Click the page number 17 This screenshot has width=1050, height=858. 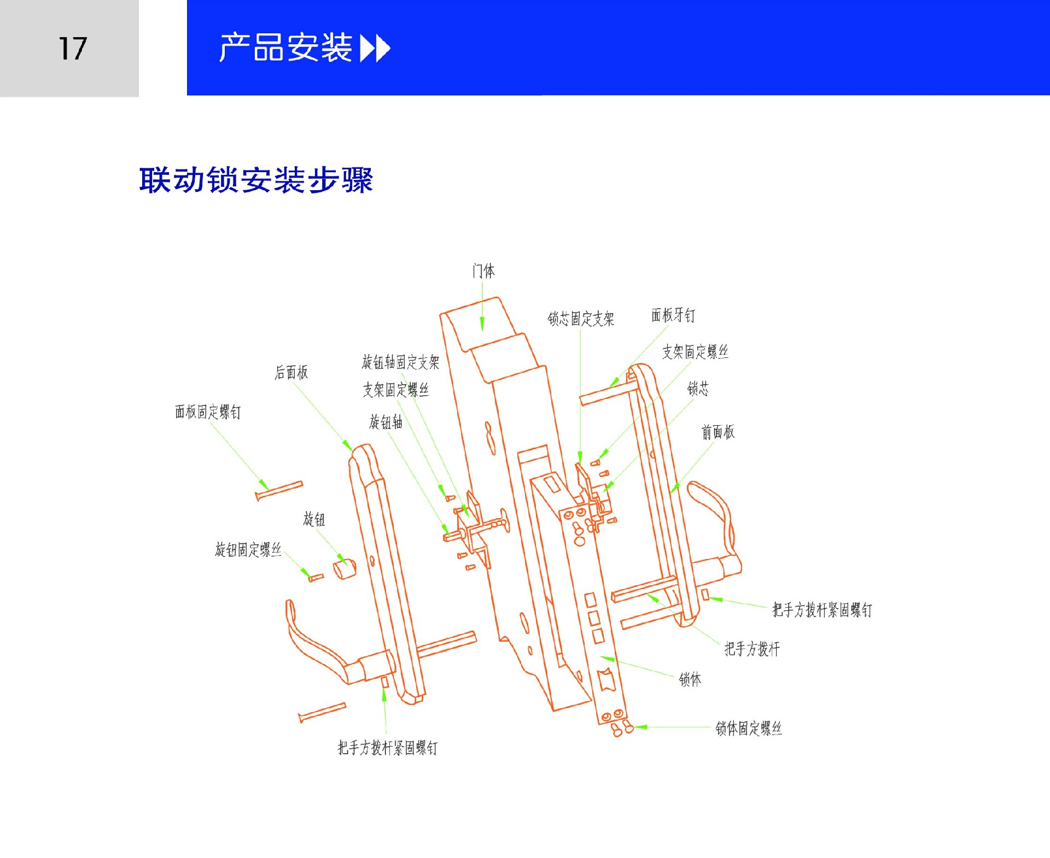[x=73, y=49]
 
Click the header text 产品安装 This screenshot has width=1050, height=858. [x=285, y=48]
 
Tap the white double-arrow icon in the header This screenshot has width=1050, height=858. [x=375, y=48]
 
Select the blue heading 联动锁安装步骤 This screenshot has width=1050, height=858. [x=256, y=180]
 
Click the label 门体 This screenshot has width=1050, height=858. [x=483, y=271]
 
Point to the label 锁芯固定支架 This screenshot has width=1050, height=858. [x=581, y=319]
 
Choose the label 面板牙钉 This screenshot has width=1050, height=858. [x=673, y=315]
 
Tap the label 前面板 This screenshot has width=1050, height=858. [x=718, y=432]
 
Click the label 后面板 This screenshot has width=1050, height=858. [x=291, y=372]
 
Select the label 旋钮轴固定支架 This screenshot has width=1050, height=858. [x=400, y=362]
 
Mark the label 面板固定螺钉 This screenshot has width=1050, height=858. [x=208, y=412]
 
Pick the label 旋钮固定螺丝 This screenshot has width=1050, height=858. [x=248, y=549]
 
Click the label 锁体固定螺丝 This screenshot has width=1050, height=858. [x=749, y=728]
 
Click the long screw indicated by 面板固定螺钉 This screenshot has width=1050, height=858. [x=279, y=491]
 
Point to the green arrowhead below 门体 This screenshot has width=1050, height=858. [x=482, y=324]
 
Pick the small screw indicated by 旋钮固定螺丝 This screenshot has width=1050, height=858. [x=316, y=577]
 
